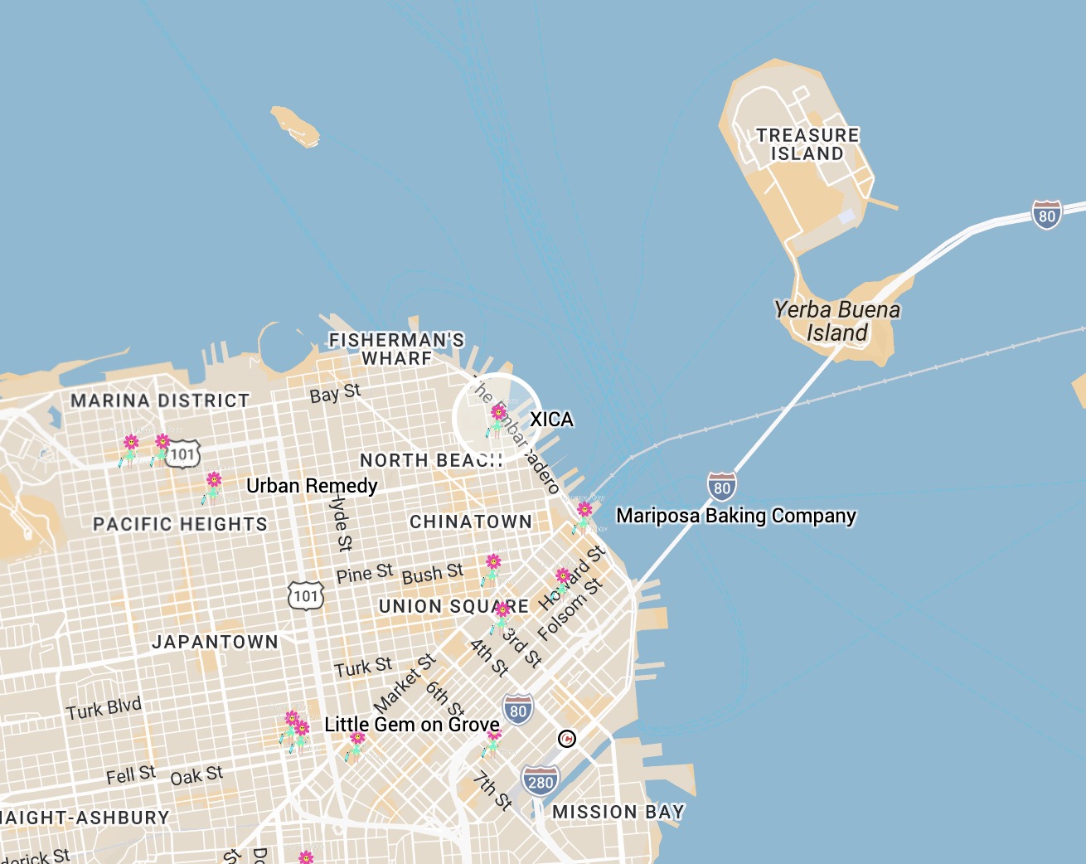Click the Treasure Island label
[x=807, y=144]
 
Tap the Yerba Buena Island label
[x=836, y=321]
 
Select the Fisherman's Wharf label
[x=396, y=349]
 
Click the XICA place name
[x=551, y=420]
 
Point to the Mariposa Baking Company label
[x=735, y=516]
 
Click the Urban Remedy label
[x=312, y=486]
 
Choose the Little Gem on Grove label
[x=412, y=725]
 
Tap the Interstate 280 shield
[x=540, y=781]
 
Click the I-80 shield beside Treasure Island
[x=1046, y=215]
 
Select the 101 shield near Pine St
[x=306, y=595]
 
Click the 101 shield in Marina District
[x=182, y=454]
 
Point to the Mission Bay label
[x=618, y=812]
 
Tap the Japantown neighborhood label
[x=215, y=642]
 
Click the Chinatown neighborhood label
[x=471, y=522]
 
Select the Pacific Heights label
[x=180, y=524]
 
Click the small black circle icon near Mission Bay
[x=566, y=738]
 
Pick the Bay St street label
[x=335, y=393]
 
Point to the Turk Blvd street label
[x=104, y=709]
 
